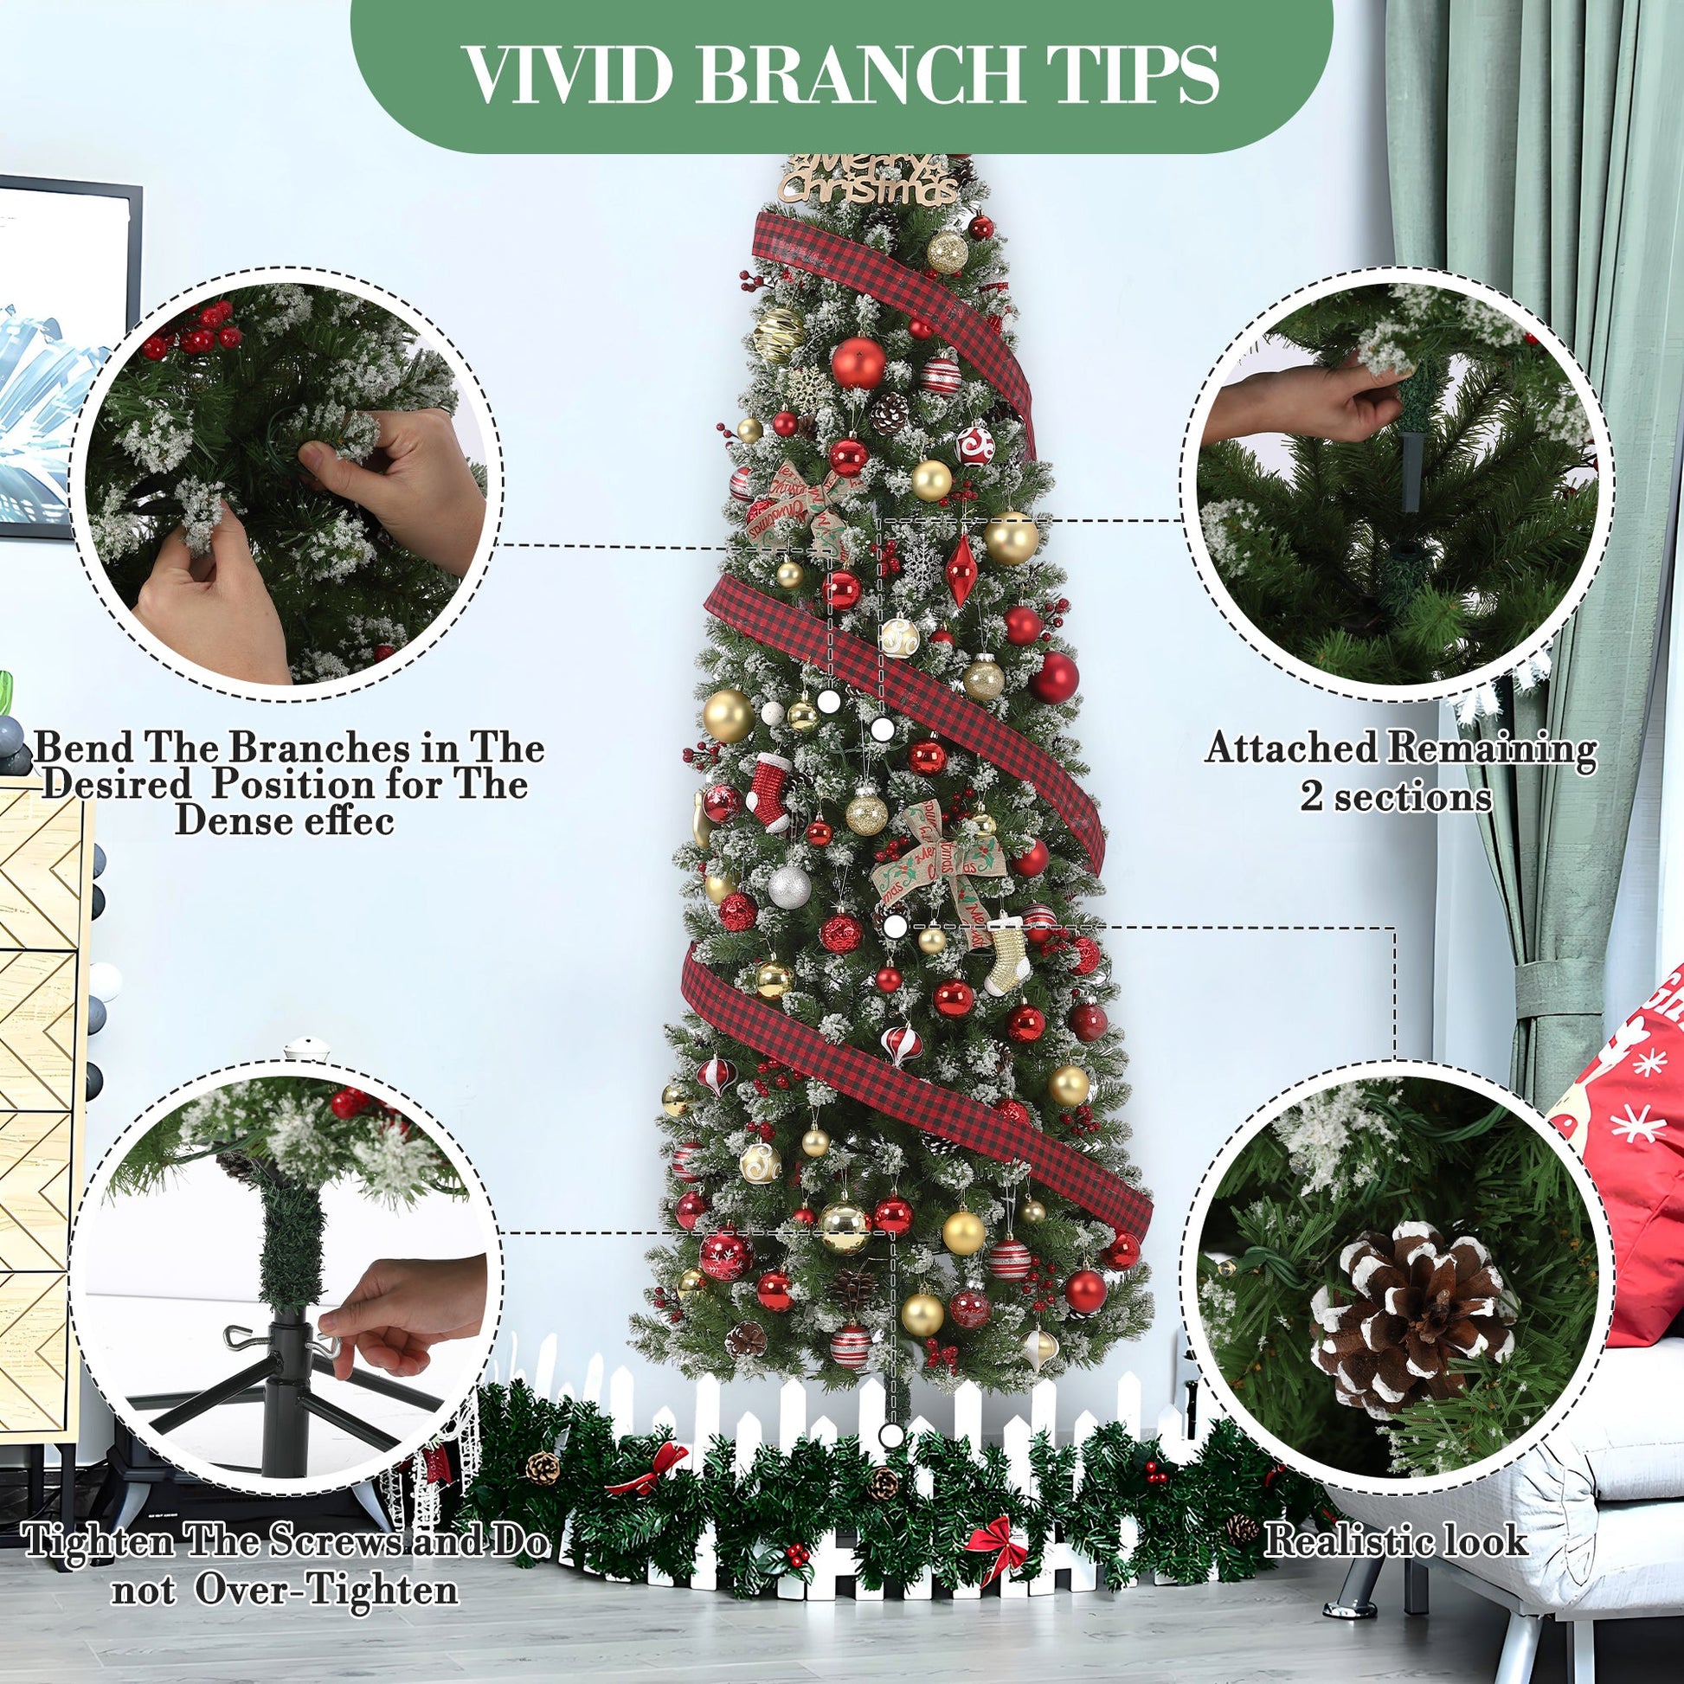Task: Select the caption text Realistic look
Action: point(1396,1540)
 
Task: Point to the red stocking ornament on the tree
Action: point(768,789)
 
